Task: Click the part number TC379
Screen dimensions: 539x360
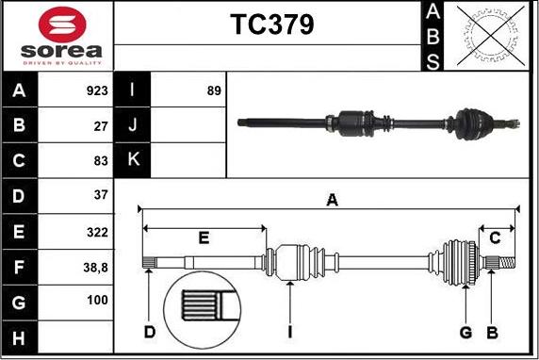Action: pos(272,25)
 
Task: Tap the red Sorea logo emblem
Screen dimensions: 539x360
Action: pos(62,25)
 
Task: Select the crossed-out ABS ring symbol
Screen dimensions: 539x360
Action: pos(491,36)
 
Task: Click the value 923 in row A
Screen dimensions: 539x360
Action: pos(97,90)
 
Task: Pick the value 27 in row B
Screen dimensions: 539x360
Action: pos(101,126)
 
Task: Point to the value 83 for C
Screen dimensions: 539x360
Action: pos(101,160)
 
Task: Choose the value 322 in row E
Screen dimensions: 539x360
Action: pos(97,233)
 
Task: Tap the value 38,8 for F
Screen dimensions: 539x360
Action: pos(95,268)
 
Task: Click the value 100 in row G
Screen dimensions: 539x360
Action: pos(98,301)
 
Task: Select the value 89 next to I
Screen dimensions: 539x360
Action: pos(214,90)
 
